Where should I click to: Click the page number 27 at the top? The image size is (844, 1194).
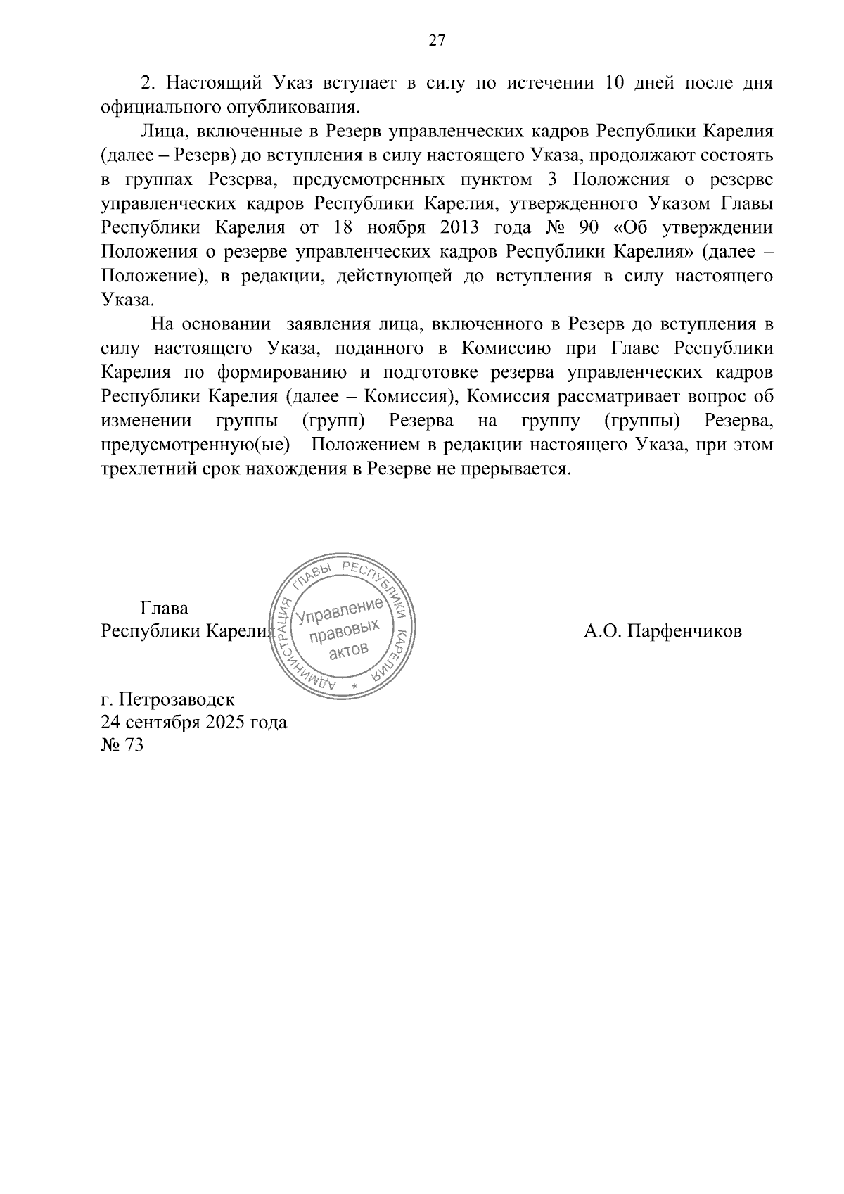click(x=436, y=42)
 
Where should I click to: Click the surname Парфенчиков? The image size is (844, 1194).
click(x=684, y=631)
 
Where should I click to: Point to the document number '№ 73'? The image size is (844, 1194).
click(x=122, y=745)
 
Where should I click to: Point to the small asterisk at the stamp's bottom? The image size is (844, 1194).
click(x=354, y=685)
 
